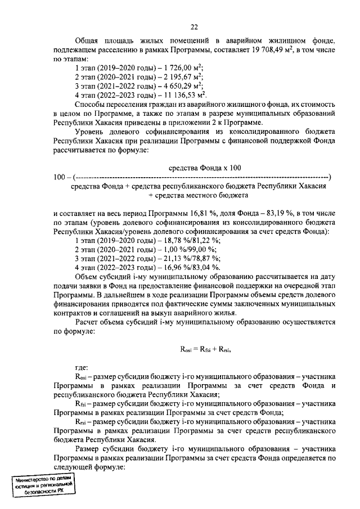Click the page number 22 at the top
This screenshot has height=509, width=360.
click(x=194, y=27)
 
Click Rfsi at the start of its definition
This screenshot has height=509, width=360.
click(x=81, y=404)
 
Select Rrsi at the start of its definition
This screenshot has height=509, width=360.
click(x=81, y=422)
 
